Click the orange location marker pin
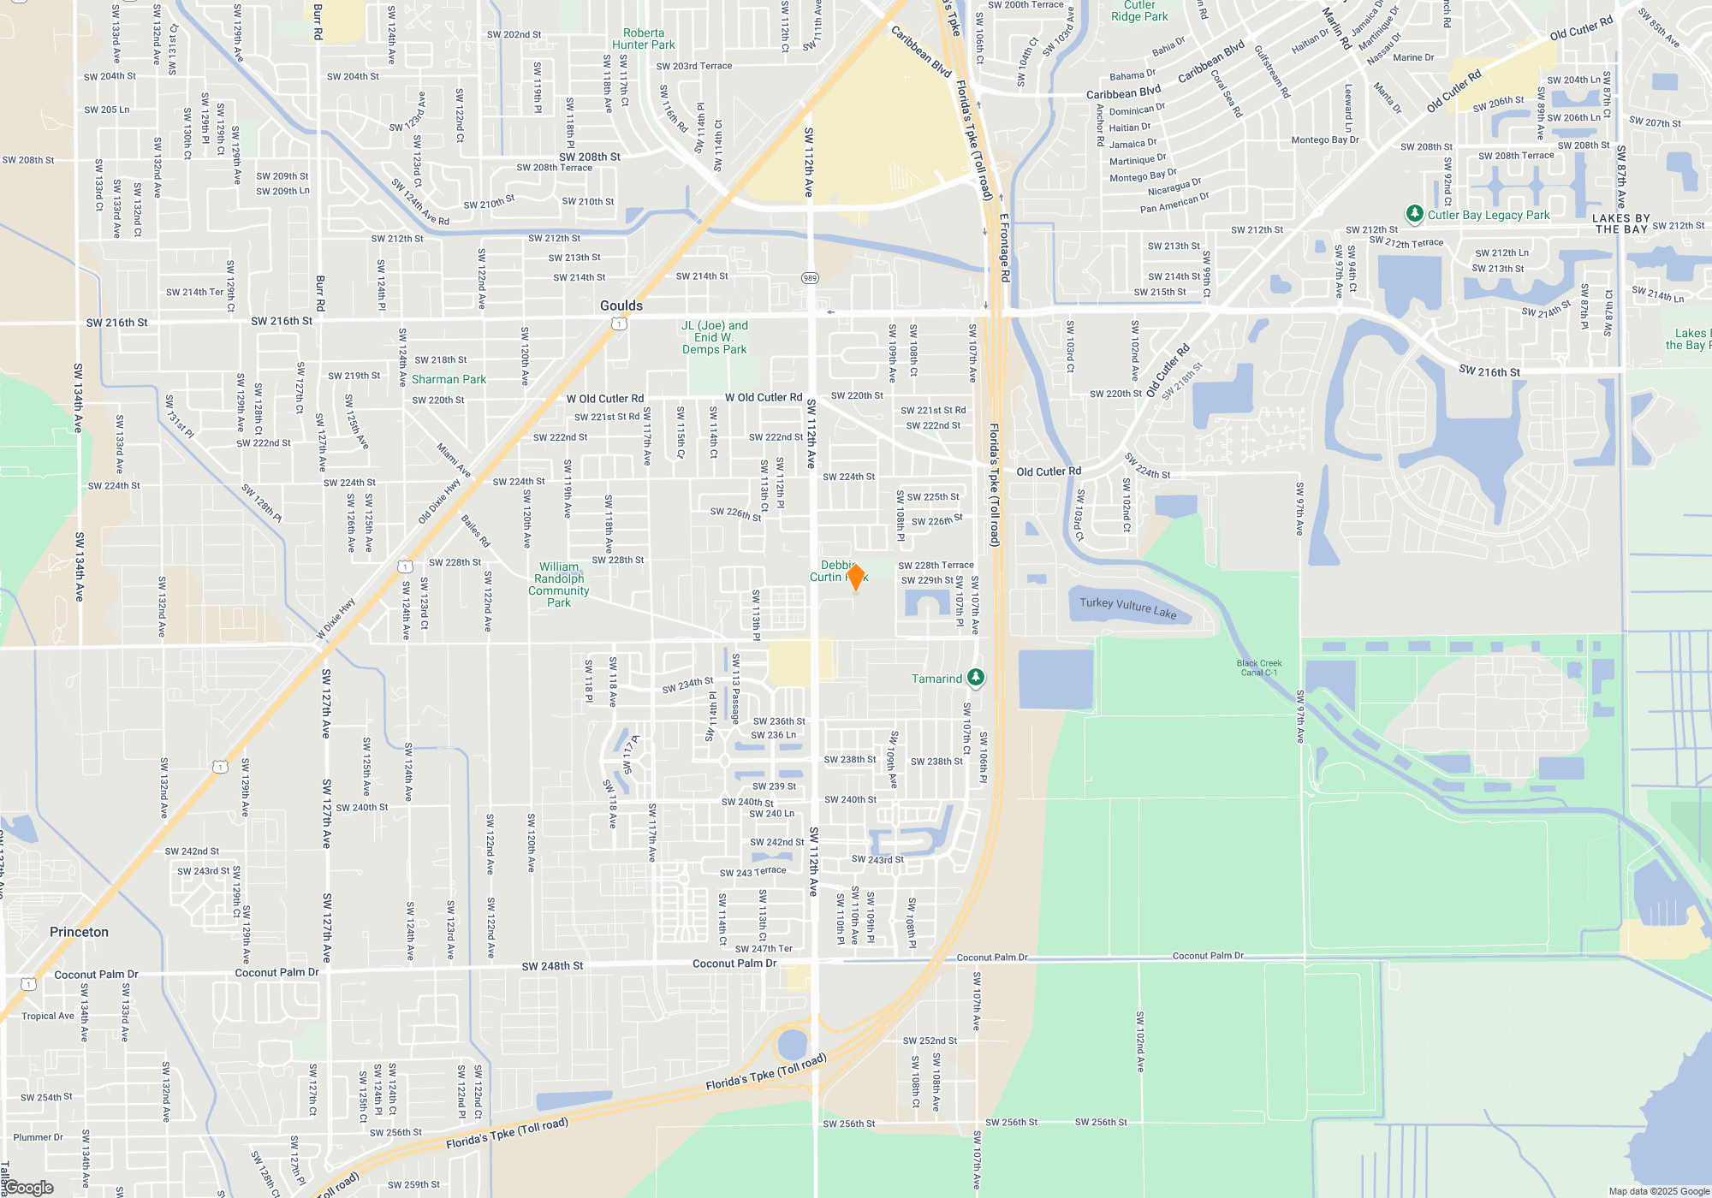pyautogui.click(x=855, y=577)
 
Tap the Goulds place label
pyautogui.click(x=621, y=305)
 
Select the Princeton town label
pyautogui.click(x=79, y=932)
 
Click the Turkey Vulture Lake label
pyautogui.click(x=1127, y=608)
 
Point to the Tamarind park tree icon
pyautogui.click(x=975, y=678)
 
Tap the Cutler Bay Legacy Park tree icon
pyautogui.click(x=1414, y=213)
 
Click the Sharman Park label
pyautogui.click(x=449, y=379)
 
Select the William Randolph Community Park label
pyautogui.click(x=559, y=584)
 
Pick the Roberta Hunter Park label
pyautogui.click(x=644, y=39)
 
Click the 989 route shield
pyautogui.click(x=810, y=277)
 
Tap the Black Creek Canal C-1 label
pyautogui.click(x=1258, y=667)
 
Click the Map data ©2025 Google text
pyautogui.click(x=1659, y=1191)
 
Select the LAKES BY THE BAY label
pyautogui.click(x=1620, y=223)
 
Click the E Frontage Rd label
pyautogui.click(x=1005, y=247)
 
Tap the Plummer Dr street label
pyautogui.click(x=38, y=1137)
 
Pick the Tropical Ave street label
pyautogui.click(x=48, y=1016)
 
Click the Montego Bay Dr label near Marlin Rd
pyautogui.click(x=1324, y=139)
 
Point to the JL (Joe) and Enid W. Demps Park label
pyautogui.click(x=715, y=337)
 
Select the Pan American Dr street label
pyautogui.click(x=1174, y=203)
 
